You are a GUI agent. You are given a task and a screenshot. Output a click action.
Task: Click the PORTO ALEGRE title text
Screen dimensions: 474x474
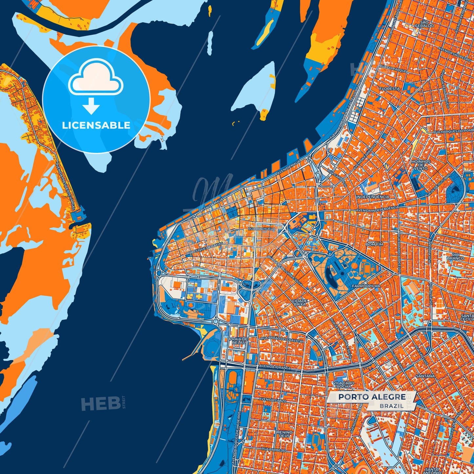pyautogui.click(x=372, y=397)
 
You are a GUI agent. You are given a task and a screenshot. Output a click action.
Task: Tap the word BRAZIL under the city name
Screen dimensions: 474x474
pyautogui.click(x=392, y=406)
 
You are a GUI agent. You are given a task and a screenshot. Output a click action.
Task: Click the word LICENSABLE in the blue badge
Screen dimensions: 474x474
pyautogui.click(x=96, y=125)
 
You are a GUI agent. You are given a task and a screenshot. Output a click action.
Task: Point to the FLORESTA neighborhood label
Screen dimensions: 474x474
pyautogui.click(x=389, y=89)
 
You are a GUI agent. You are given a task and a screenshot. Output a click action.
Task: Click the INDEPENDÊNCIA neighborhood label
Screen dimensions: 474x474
pyautogui.click(x=373, y=197)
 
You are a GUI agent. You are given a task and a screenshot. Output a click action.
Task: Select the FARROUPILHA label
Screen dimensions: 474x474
pyautogui.click(x=366, y=286)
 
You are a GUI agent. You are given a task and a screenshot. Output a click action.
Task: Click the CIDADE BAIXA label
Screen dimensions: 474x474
pyautogui.click(x=300, y=302)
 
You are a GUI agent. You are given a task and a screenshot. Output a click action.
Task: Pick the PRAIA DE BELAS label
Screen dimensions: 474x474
pyautogui.click(x=239, y=340)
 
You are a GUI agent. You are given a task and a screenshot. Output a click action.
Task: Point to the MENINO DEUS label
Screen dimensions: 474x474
pyautogui.click(x=284, y=434)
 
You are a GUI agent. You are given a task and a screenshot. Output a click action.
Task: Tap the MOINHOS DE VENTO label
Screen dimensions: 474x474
pyautogui.click(x=421, y=165)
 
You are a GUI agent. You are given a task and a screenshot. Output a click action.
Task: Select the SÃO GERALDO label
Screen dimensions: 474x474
pyautogui.click(x=424, y=24)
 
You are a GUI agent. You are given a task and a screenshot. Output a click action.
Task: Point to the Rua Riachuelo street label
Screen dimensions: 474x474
pyautogui.click(x=261, y=229)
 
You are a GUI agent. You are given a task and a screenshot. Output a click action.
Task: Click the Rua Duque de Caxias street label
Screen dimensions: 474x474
pyautogui.click(x=204, y=249)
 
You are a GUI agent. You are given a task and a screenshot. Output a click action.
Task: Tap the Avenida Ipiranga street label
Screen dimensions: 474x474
pyautogui.click(x=275, y=367)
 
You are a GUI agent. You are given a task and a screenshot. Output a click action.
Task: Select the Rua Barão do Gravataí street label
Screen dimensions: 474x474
pyautogui.click(x=282, y=339)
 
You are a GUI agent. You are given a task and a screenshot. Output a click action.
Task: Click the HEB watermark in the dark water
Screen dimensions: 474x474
pyautogui.click(x=101, y=403)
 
